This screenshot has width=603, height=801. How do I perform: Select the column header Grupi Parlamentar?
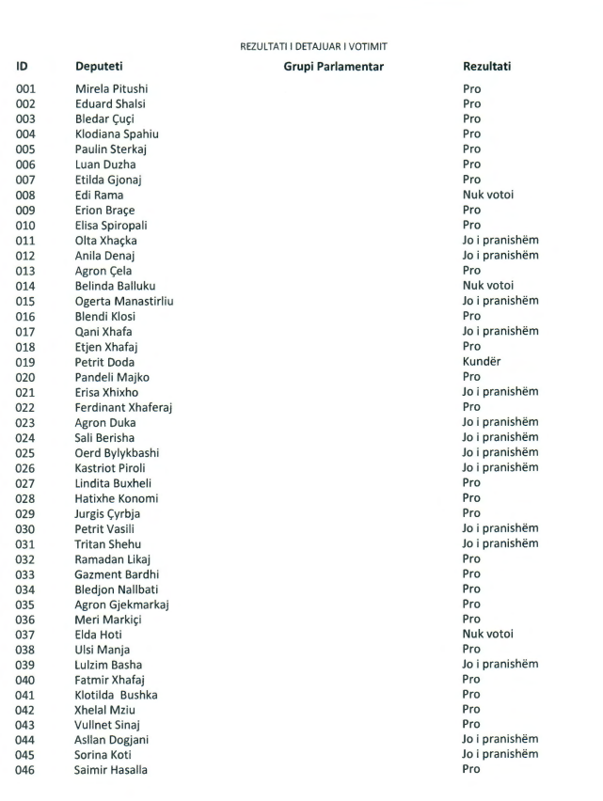click(334, 68)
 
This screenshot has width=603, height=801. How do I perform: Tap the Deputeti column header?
click(99, 68)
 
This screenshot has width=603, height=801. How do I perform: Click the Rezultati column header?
click(487, 68)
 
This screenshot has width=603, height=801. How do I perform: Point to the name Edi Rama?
click(99, 195)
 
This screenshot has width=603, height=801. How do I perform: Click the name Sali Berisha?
click(104, 437)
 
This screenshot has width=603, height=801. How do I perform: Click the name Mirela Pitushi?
click(111, 88)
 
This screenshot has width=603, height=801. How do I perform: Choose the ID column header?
click(22, 68)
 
